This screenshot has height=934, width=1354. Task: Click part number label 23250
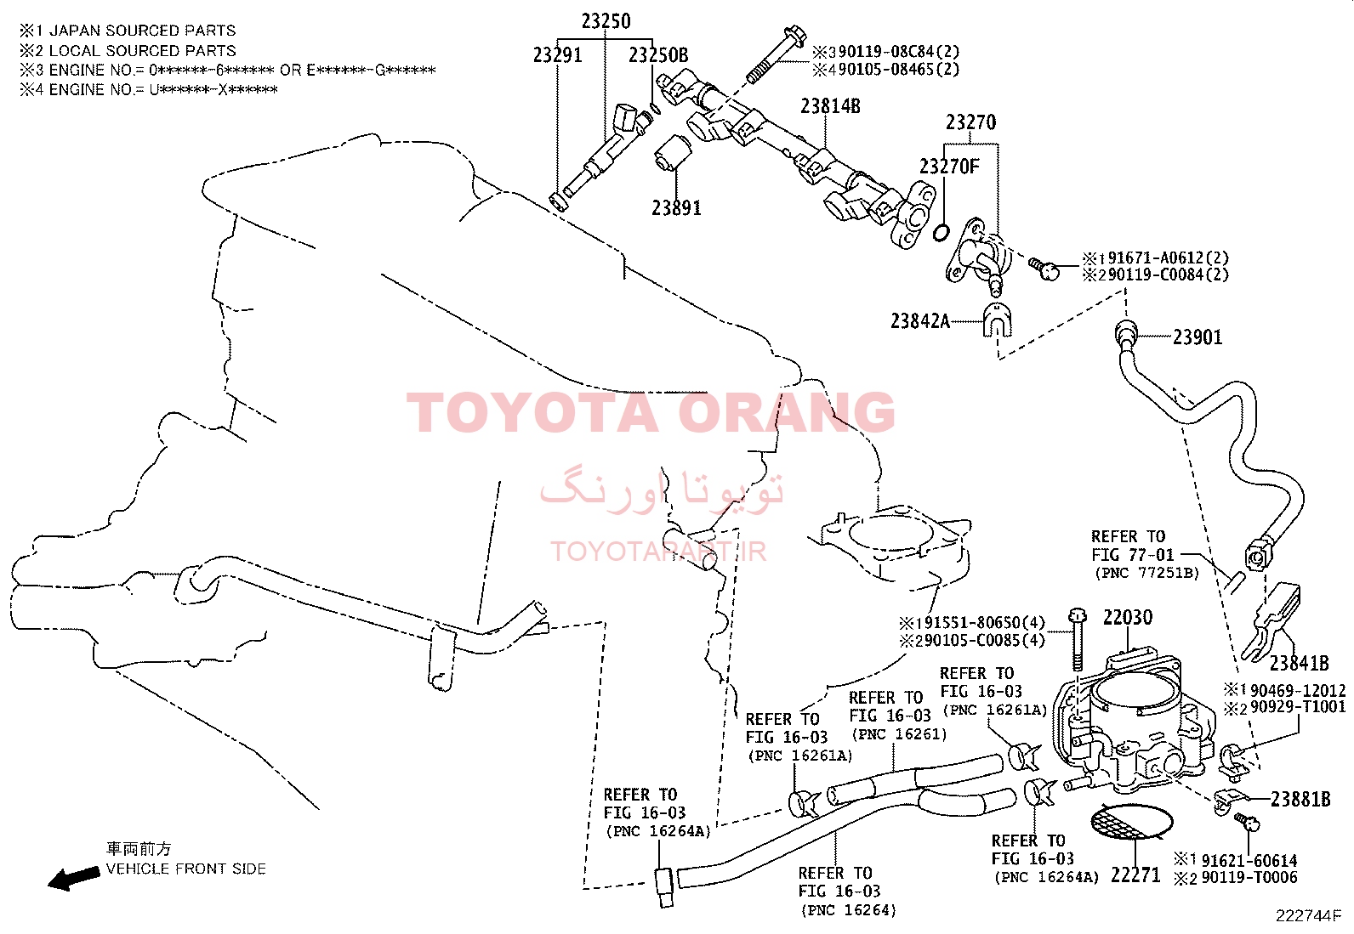pos(606,22)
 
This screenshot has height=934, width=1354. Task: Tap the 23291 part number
pos(557,55)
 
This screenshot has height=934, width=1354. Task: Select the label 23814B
pos(830,106)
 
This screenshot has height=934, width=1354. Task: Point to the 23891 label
pos(676,208)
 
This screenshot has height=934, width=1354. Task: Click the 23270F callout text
pos(949,166)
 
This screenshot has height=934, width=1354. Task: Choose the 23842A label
pos(920,320)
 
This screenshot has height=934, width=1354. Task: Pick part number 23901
pos(1198,337)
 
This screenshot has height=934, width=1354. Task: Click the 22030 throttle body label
pos(1128,618)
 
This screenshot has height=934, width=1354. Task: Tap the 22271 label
pos(1135,875)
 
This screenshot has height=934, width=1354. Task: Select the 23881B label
pos(1300,799)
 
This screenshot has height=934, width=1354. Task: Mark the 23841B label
pos(1299,664)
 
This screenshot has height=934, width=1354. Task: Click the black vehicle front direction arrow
pos(74,878)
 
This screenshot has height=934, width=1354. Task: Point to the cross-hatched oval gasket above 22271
pos(1131,822)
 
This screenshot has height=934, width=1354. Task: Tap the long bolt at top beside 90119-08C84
pos(776,54)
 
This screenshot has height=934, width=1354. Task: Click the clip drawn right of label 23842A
pos(997,320)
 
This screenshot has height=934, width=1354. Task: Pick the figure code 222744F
pos(1308,916)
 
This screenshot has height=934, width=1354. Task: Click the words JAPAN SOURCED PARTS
pos(142,31)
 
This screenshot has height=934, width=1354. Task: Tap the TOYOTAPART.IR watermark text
pos(657,552)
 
